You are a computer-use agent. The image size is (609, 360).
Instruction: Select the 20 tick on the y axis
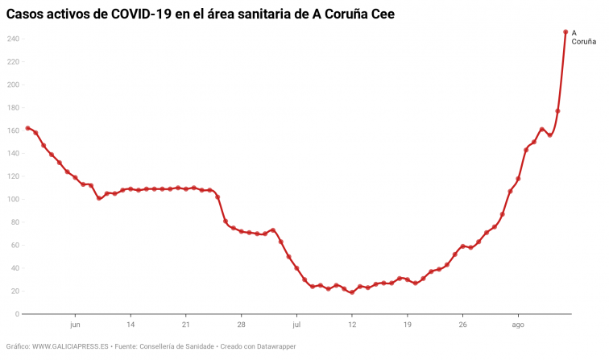tap(14, 291)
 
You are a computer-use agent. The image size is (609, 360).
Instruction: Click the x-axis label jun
tap(75, 325)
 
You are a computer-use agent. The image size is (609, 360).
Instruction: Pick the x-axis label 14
tap(130, 325)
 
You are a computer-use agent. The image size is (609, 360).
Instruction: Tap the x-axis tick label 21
tap(186, 325)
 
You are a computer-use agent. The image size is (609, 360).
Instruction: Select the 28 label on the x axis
tap(241, 325)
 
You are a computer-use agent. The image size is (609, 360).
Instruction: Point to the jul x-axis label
tap(296, 325)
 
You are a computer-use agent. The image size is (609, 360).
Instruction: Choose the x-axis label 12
tap(352, 325)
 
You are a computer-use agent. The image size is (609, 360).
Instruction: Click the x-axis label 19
tap(408, 325)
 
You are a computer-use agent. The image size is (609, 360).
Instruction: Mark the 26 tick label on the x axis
tap(462, 325)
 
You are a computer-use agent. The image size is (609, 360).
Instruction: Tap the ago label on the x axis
tap(518, 325)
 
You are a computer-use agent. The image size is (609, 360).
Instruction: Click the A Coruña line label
tap(583, 37)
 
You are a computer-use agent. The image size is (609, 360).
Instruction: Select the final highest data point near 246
tap(565, 32)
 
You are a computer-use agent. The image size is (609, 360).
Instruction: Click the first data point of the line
tap(27, 128)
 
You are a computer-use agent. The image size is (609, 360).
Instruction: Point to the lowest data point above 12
tap(352, 292)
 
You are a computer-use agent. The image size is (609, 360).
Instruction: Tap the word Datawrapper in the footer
tap(276, 346)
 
